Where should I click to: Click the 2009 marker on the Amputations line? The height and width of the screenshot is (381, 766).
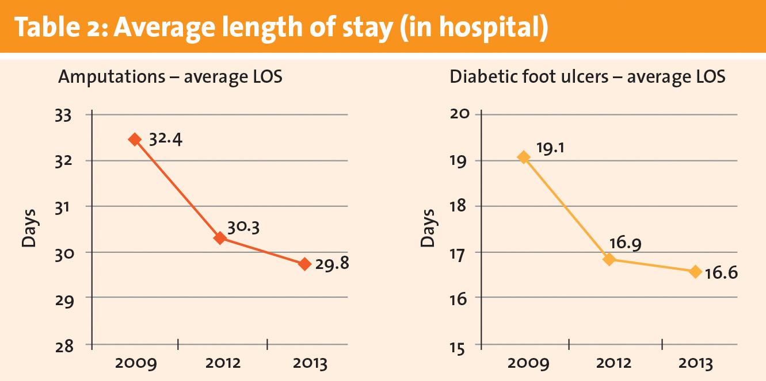(135, 139)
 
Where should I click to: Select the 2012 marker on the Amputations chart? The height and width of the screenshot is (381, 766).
(220, 238)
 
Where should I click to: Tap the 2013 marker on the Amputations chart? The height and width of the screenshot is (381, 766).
(305, 264)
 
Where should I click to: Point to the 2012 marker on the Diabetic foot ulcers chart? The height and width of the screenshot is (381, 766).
(609, 259)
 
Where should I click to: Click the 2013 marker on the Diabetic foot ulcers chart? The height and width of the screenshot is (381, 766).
(695, 271)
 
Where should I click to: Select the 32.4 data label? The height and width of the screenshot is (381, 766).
(166, 140)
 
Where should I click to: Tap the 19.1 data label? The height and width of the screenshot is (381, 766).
(551, 148)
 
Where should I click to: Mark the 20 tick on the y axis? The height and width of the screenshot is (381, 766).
(461, 114)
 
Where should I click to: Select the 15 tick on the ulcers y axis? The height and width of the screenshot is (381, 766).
(461, 345)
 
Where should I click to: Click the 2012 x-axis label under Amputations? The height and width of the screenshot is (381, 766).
(222, 364)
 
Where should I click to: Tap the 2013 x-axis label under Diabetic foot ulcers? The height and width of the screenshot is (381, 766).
(696, 364)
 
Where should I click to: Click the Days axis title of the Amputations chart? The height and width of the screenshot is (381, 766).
(29, 229)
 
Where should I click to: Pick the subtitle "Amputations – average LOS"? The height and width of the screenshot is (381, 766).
(170, 77)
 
